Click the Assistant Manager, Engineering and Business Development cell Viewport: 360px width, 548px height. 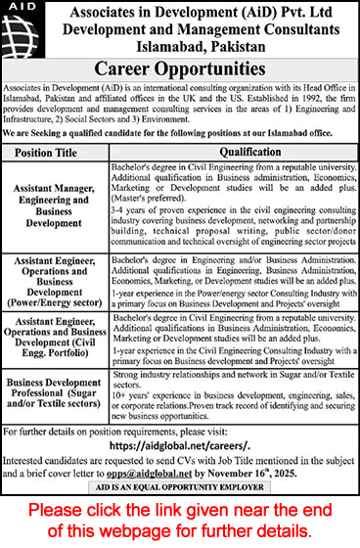click(x=64, y=202)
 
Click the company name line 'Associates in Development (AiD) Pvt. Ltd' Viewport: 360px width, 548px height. click(x=195, y=13)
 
